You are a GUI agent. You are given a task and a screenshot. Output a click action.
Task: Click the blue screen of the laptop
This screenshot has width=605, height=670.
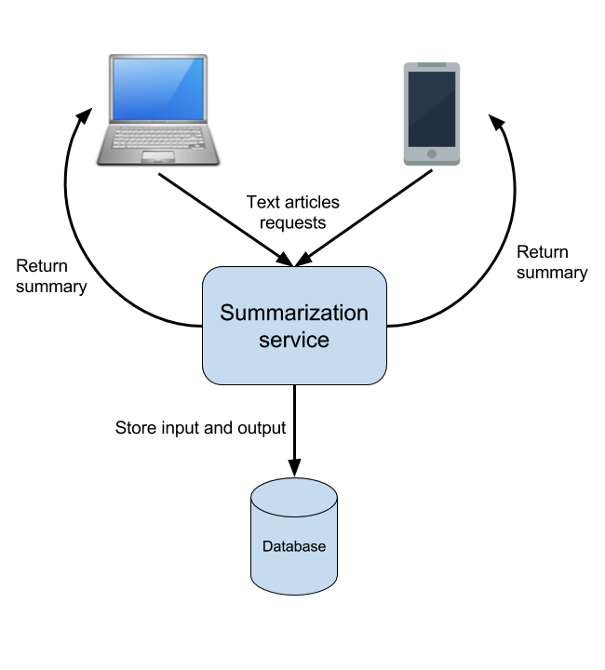[158, 88]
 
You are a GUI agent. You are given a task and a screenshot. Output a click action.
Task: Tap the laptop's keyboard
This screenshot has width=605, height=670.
[158, 138]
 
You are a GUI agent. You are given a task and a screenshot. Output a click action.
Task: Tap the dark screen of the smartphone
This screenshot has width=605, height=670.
[432, 109]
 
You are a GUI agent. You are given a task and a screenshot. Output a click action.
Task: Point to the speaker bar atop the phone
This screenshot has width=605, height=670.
[432, 65]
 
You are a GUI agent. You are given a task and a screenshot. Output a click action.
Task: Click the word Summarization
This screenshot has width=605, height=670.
[294, 313]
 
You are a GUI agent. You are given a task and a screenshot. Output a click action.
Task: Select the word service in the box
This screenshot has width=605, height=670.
[294, 340]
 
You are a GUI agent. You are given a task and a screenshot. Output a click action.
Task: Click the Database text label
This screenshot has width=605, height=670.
[294, 546]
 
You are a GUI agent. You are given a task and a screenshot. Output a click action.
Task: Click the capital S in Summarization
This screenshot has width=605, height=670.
[227, 313]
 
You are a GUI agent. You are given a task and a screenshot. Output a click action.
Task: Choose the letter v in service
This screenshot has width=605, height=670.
[299, 341]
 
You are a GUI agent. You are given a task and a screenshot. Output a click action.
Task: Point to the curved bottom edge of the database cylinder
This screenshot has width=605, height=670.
[294, 592]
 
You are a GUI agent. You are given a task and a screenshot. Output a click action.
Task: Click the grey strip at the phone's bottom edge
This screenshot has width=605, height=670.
[432, 163]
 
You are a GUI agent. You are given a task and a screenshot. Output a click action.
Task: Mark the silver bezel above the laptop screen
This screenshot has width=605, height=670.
[158, 58]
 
